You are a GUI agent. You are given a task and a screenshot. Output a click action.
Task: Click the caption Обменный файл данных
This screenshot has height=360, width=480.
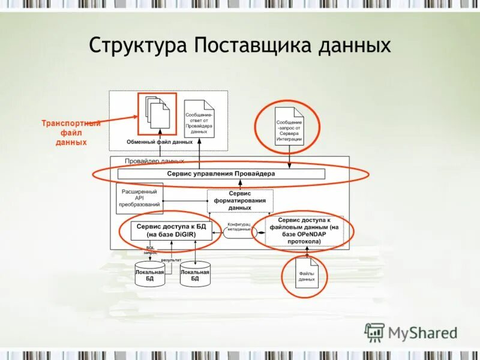[159, 142]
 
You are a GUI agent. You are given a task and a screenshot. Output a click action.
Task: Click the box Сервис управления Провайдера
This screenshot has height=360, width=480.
[221, 174]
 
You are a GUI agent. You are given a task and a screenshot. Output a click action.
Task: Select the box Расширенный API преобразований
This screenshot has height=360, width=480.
[140, 198]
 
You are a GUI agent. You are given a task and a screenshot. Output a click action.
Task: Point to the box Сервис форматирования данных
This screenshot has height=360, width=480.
[240, 200]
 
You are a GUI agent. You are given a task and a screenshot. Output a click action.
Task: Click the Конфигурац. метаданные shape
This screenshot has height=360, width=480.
[239, 229]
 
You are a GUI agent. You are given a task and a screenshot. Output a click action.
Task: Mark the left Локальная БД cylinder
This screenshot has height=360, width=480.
[149, 274]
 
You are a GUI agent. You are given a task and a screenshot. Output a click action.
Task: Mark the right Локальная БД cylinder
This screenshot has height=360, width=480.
[195, 274]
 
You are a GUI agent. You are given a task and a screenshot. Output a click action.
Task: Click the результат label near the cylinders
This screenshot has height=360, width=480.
[171, 260]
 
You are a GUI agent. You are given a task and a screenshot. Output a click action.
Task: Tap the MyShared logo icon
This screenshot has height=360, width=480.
[375, 332]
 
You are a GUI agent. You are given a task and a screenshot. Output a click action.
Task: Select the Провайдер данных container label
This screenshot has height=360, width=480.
[154, 161]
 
